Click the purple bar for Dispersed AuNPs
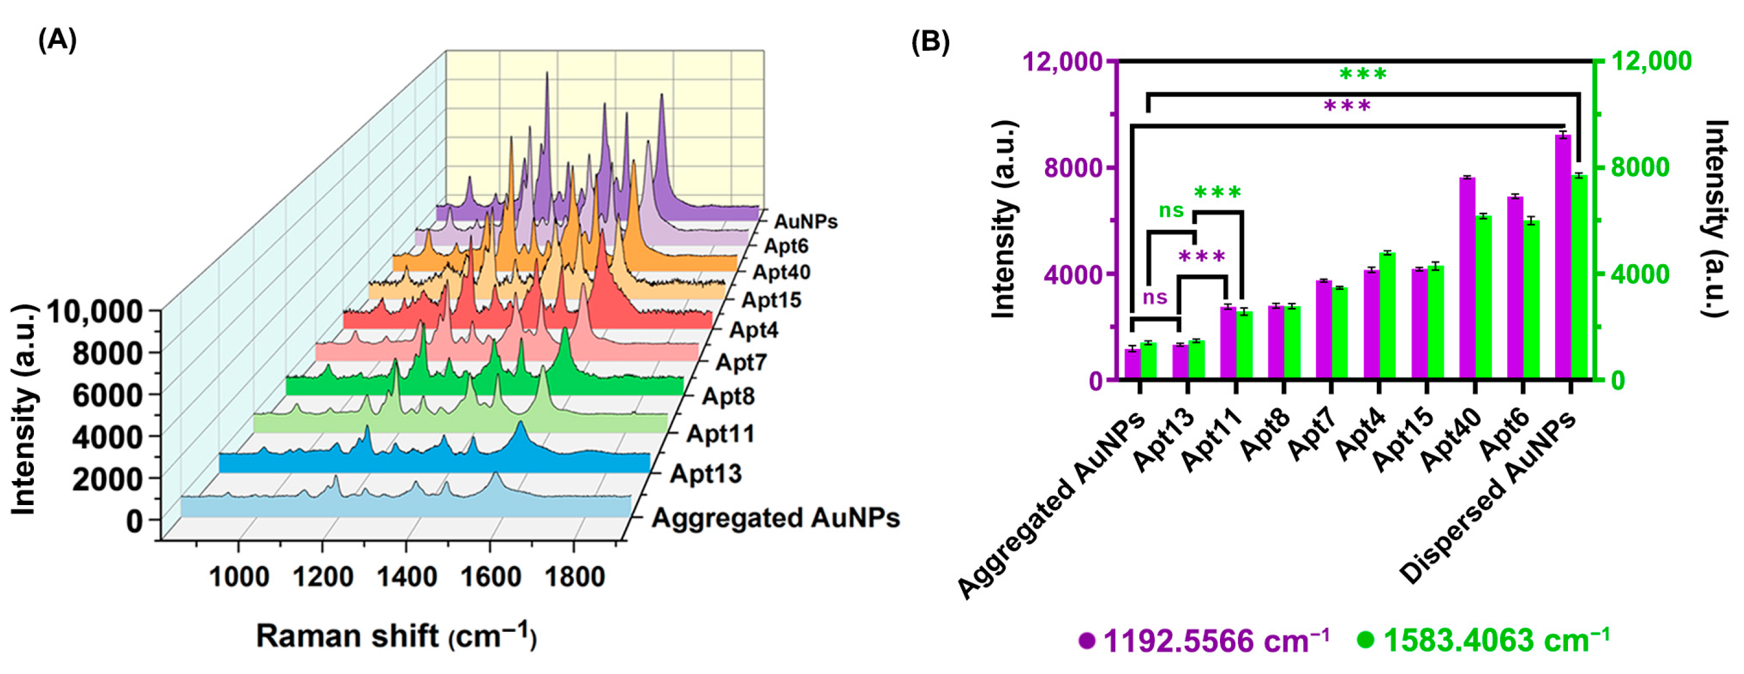[1563, 257]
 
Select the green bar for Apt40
[1483, 298]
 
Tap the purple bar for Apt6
[1515, 288]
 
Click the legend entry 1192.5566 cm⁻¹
[1205, 640]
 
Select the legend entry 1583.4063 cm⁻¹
[1486, 640]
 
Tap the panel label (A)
[57, 40]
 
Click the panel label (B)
[930, 42]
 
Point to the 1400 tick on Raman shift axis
[406, 577]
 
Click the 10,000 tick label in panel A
[95, 312]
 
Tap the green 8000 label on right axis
[1640, 168]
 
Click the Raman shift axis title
[396, 637]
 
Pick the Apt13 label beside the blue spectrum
[705, 473]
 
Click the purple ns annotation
[1155, 297]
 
